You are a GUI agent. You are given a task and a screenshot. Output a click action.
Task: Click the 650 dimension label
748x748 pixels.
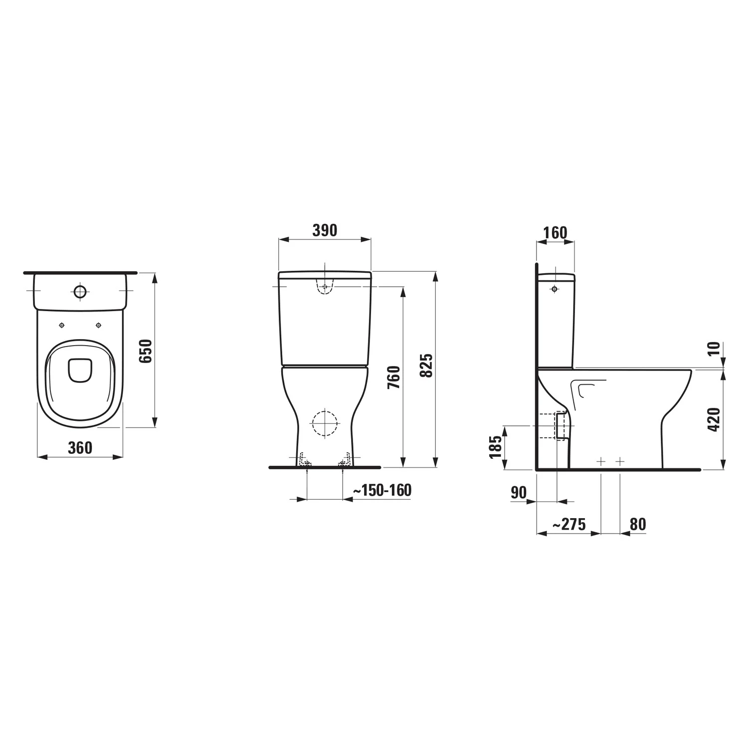(145, 351)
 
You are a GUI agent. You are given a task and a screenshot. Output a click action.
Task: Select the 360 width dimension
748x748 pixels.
(80, 448)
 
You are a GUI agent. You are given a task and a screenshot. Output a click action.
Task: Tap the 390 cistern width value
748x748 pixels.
(325, 230)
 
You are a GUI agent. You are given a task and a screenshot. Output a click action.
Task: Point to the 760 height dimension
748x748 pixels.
(393, 377)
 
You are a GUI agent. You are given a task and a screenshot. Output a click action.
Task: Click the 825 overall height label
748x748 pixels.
(426, 366)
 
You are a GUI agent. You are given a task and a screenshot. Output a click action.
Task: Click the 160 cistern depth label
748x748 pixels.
(555, 233)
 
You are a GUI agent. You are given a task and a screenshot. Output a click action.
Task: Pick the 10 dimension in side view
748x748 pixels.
(714, 349)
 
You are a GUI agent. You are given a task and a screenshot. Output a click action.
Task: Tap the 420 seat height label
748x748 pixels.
(714, 419)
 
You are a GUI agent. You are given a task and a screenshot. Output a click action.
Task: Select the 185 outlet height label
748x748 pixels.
(495, 447)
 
